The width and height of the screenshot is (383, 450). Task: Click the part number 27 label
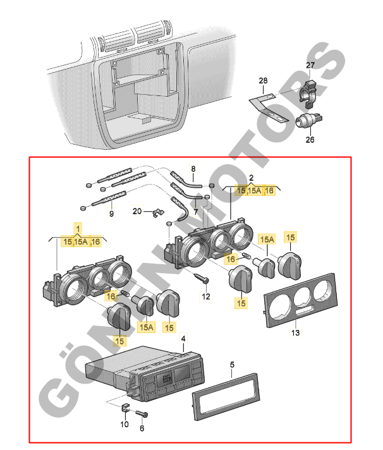click(310, 66)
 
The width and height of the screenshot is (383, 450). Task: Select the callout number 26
click(310, 139)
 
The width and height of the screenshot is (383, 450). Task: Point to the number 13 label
click(295, 332)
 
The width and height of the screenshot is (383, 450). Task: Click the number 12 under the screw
click(205, 296)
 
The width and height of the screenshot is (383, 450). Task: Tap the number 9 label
click(111, 214)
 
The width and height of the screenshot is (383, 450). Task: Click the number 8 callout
click(193, 169)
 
